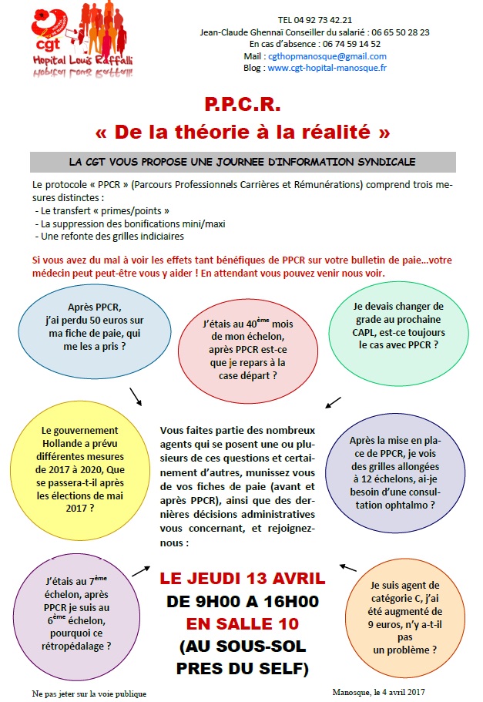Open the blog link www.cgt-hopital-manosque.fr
(x=327, y=68)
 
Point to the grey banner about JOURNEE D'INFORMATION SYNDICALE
(x=241, y=163)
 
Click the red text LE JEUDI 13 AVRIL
(x=242, y=579)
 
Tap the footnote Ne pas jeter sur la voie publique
(x=89, y=694)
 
